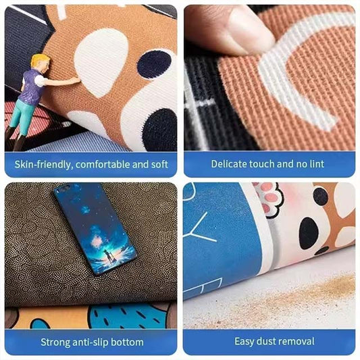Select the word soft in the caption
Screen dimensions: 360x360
[157, 163]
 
